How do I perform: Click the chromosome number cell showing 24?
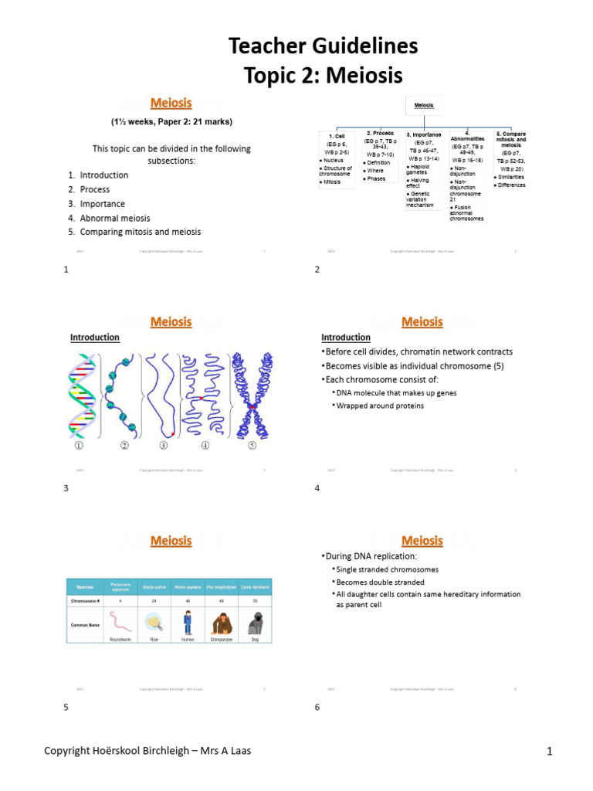point(154,599)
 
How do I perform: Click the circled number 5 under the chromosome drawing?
point(252,446)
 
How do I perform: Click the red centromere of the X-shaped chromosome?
point(252,407)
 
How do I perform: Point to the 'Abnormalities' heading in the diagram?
point(467,138)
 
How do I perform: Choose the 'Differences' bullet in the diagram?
point(512,185)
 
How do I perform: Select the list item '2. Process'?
point(89,189)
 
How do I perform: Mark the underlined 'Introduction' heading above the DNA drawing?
point(95,338)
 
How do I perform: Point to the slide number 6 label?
point(317,707)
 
